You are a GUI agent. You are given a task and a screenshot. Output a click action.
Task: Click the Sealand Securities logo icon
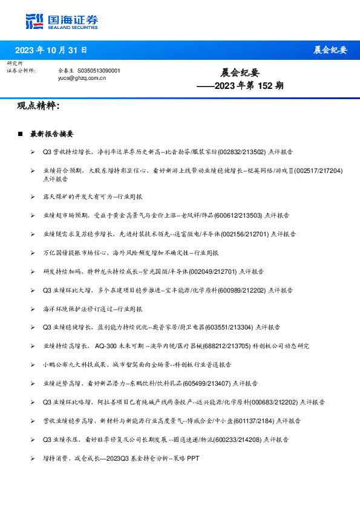pyautogui.click(x=34, y=21)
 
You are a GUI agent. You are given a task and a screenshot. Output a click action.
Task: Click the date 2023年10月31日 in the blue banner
pyautogui.click(x=51, y=50)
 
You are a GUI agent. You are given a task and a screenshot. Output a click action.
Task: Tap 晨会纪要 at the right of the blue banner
pyautogui.click(x=330, y=50)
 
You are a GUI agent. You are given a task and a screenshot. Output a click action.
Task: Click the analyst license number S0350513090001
pyautogui.click(x=99, y=71)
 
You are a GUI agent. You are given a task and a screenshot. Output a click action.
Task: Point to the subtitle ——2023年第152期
pyautogui.click(x=240, y=86)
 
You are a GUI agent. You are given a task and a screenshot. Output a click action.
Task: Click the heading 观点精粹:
pyautogui.click(x=38, y=106)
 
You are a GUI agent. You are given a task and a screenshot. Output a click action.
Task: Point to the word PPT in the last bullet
pyautogui.click(x=192, y=458)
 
